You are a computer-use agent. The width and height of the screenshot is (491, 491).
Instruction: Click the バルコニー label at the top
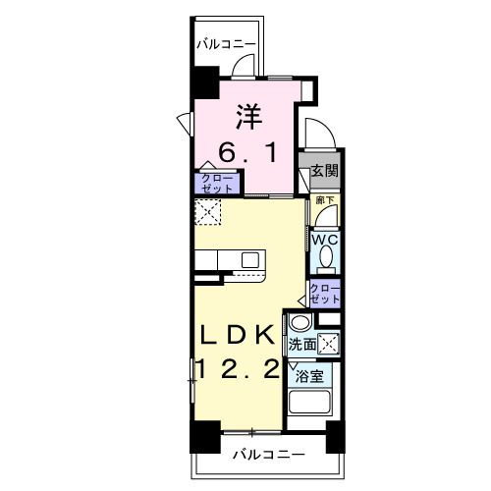pyautogui.click(x=225, y=44)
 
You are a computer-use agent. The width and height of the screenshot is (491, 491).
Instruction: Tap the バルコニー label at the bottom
pyautogui.click(x=267, y=455)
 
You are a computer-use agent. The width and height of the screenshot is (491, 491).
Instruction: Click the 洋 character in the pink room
pyautogui.click(x=247, y=117)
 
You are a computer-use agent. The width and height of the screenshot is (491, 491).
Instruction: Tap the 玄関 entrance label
pyautogui.click(x=325, y=170)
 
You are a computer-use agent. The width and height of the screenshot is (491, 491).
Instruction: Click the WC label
pyautogui.click(x=325, y=238)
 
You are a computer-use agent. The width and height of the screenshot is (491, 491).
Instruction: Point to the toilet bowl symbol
pyautogui.click(x=325, y=258)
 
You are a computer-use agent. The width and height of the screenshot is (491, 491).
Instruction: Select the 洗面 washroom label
pyautogui.click(x=302, y=345)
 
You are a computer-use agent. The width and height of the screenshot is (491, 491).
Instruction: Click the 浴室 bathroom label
pyautogui.click(x=310, y=377)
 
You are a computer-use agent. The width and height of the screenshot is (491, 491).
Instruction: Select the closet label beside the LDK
pyautogui.click(x=325, y=292)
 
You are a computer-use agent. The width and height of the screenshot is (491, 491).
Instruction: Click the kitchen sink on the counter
pyautogui.click(x=250, y=259)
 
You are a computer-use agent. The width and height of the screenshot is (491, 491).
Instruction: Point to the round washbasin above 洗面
pyautogui.click(x=300, y=323)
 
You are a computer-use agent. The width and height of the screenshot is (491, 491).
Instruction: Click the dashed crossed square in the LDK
pyautogui.click(x=208, y=210)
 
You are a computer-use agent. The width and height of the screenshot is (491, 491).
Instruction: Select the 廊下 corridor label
pyautogui.click(x=324, y=200)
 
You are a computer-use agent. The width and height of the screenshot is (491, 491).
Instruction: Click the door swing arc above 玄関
pyautogui.click(x=315, y=134)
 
